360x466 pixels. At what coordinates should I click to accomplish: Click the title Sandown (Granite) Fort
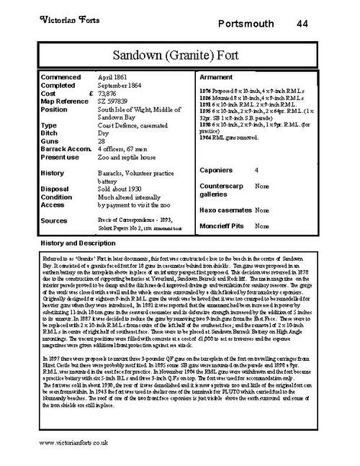pyautogui.click(x=180, y=53)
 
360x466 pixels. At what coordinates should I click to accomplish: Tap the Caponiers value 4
pyautogui.click(x=256, y=170)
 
